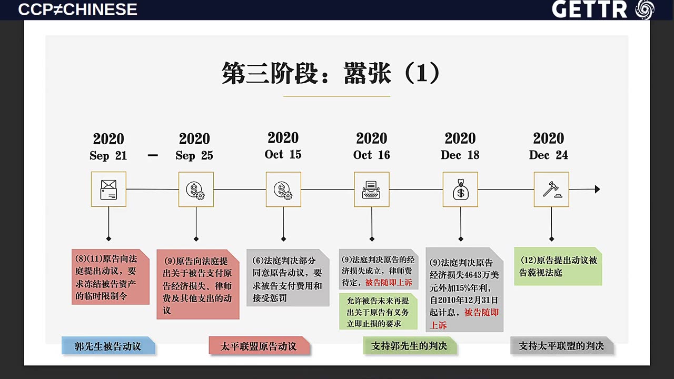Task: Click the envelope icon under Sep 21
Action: click(x=108, y=189)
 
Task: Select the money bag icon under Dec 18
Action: click(x=461, y=189)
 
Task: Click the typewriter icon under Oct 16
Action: click(x=371, y=190)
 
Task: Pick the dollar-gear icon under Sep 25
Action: click(x=195, y=191)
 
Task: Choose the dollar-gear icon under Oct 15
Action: click(x=283, y=191)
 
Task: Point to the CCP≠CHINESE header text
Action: click(x=77, y=9)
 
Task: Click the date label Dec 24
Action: click(x=549, y=155)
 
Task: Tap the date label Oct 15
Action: click(x=283, y=154)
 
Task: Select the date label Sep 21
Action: click(x=108, y=155)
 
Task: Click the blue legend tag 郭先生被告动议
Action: click(x=108, y=346)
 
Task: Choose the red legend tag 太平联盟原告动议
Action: click(x=259, y=346)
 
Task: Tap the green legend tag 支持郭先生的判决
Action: click(x=410, y=346)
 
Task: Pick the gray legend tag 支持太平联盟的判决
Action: click(x=561, y=346)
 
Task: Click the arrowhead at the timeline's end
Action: click(x=598, y=189)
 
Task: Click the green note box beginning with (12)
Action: click(x=558, y=266)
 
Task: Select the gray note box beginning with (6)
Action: click(x=288, y=277)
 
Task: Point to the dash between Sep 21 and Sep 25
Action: click(x=153, y=155)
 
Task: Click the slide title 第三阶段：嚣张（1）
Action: click(x=330, y=73)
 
